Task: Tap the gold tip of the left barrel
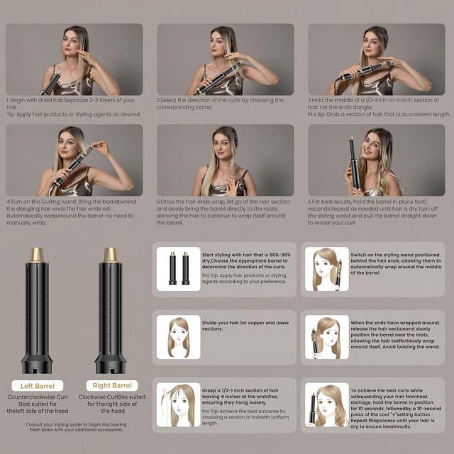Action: (37, 254)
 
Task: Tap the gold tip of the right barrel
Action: (110, 254)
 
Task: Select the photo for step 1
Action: (74, 60)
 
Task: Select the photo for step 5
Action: (226, 160)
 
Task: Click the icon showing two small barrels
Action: (178, 268)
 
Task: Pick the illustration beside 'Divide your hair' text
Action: (178, 336)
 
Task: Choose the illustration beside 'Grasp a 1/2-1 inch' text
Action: (178, 404)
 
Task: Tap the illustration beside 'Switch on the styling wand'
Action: (326, 268)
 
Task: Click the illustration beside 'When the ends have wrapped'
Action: (326, 336)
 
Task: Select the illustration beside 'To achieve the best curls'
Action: (326, 404)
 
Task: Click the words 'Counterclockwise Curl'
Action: (37, 397)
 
